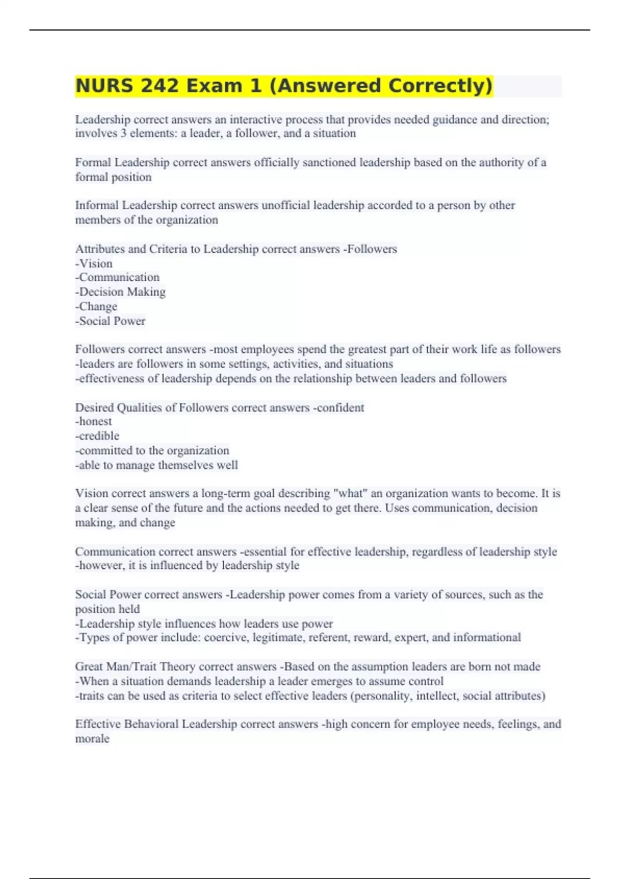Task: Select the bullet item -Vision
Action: coord(94,264)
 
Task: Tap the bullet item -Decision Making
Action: coord(120,292)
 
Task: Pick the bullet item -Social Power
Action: coord(110,321)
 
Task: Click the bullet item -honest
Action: coord(94,421)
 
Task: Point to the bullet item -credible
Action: coord(97,436)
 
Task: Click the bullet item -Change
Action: coord(96,307)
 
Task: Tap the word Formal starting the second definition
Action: coord(93,162)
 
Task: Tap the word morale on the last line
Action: coord(92,739)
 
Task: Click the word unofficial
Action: coord(286,205)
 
